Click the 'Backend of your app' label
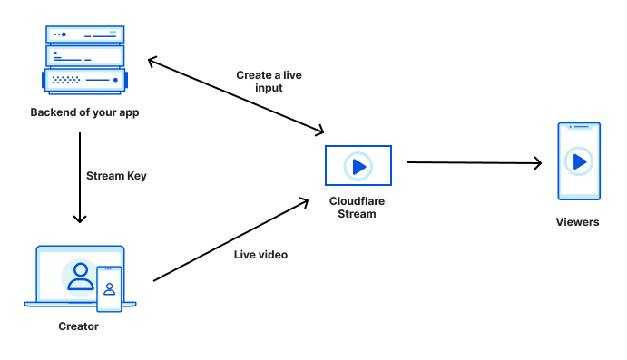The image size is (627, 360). [x=84, y=113]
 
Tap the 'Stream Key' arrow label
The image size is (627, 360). [x=115, y=176]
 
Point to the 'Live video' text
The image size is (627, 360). [x=260, y=255]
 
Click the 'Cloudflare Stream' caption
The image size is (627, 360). [x=358, y=208]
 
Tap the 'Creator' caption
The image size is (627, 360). [x=79, y=326]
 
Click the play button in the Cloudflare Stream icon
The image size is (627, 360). [x=358, y=166]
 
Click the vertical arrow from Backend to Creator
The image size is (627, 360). [x=80, y=178]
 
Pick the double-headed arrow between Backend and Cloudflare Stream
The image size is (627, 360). [x=236, y=95]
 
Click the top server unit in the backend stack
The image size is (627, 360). [x=84, y=34]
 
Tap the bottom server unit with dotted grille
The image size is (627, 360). [x=84, y=81]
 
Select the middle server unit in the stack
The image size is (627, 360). [x=84, y=56]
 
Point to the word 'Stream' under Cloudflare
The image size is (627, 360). [x=358, y=215]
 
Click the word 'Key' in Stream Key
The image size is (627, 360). [x=135, y=176]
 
